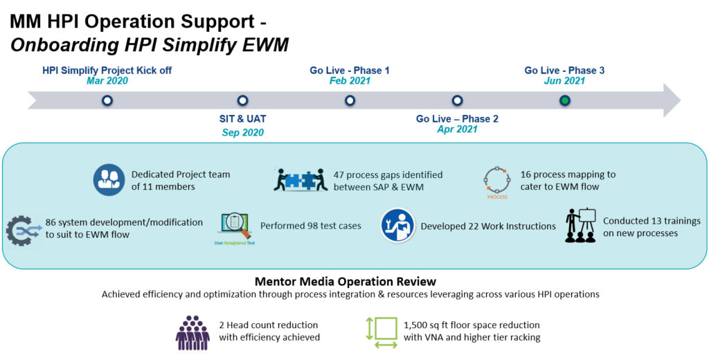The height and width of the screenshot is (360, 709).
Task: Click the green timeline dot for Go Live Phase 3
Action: click(x=565, y=100)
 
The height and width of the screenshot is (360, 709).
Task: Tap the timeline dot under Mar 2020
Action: click(x=107, y=100)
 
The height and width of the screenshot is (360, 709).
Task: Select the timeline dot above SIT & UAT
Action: click(x=242, y=100)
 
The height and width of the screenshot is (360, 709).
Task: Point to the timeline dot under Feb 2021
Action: click(x=350, y=100)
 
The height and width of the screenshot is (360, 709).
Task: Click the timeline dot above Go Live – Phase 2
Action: click(x=457, y=100)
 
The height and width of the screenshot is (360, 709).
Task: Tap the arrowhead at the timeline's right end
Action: click(x=672, y=100)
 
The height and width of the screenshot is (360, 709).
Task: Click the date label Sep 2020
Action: click(x=242, y=132)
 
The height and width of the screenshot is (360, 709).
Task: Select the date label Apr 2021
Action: click(x=457, y=129)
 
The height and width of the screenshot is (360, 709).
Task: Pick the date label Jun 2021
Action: click(x=564, y=80)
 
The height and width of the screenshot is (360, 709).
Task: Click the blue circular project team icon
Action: click(x=109, y=180)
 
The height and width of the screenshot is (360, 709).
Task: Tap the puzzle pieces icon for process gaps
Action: click(x=300, y=180)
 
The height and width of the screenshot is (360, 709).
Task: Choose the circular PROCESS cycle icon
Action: click(x=496, y=182)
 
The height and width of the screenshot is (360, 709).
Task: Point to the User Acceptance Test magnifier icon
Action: click(x=234, y=226)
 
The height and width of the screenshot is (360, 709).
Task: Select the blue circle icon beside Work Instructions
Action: click(x=398, y=226)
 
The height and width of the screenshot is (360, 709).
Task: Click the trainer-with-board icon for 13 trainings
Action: click(x=580, y=225)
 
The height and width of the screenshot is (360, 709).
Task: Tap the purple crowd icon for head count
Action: click(x=192, y=332)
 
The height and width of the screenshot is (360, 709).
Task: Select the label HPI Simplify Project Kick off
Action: click(x=107, y=70)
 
